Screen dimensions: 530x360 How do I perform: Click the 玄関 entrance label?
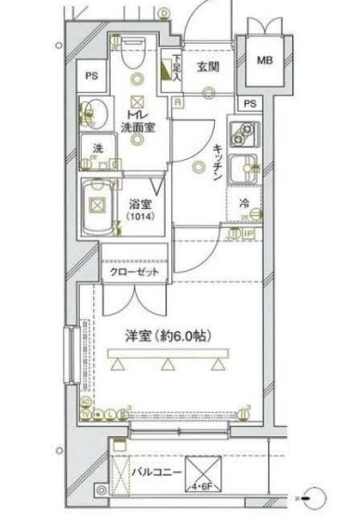(x=206, y=66)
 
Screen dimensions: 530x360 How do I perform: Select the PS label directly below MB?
(x=249, y=103)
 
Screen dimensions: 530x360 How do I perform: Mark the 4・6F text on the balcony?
(x=200, y=484)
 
